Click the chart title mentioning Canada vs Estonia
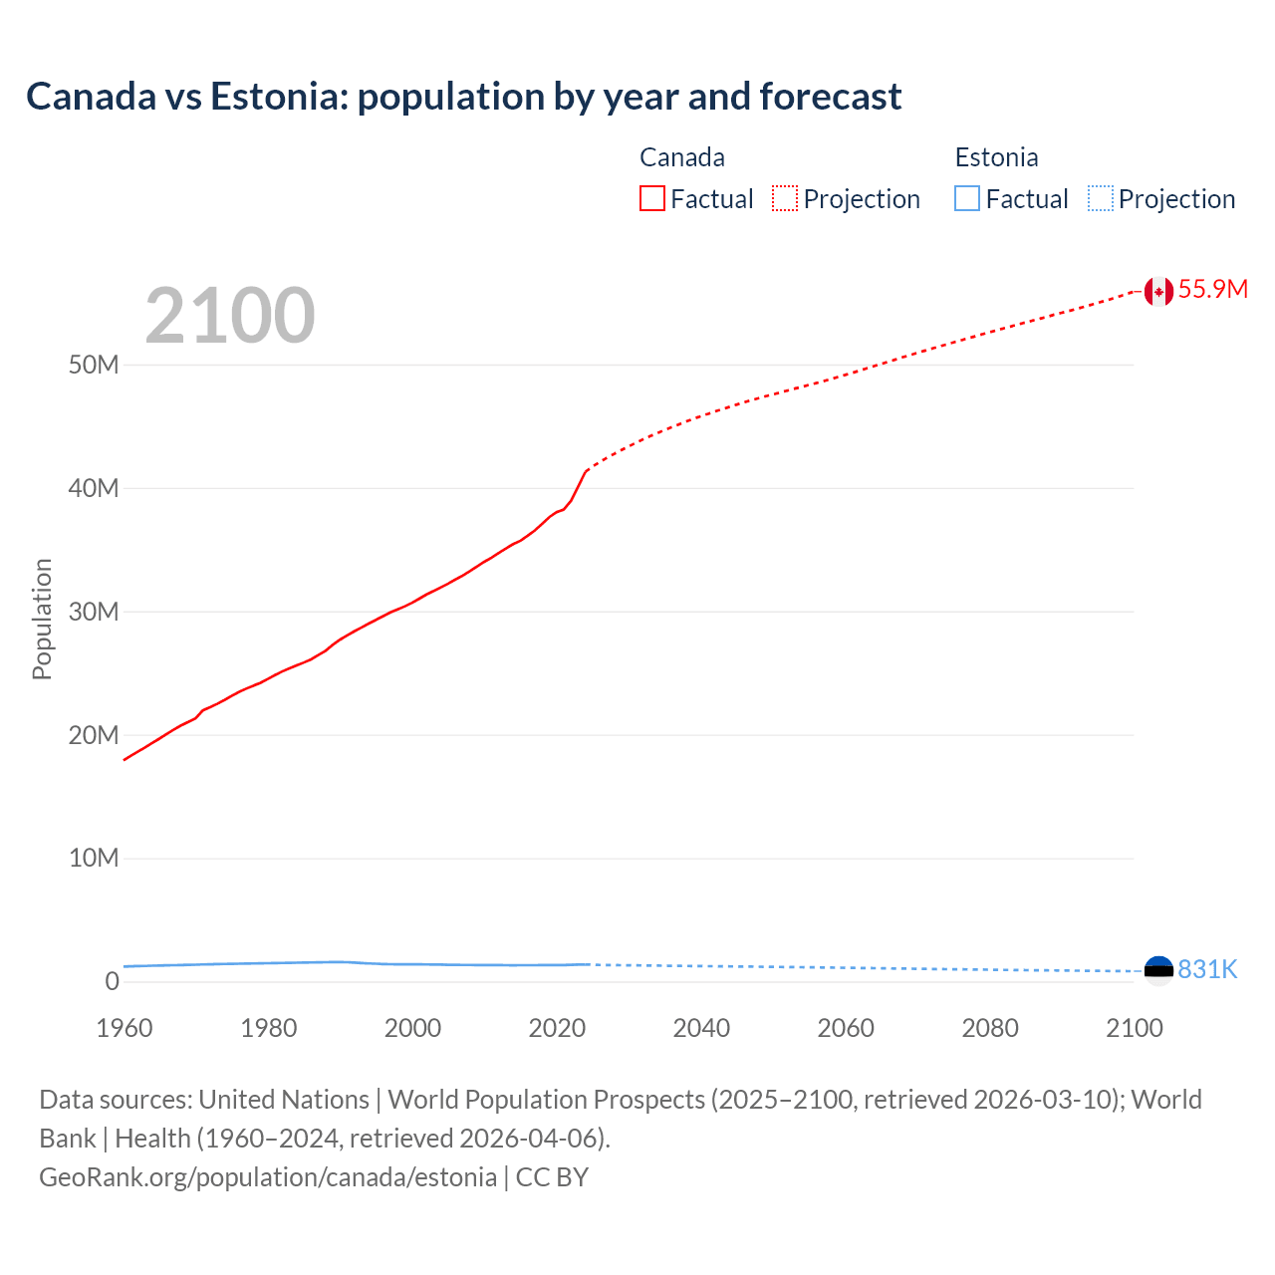pos(463,97)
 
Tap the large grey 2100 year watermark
pos(230,316)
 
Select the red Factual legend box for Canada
pos(652,199)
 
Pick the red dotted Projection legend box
pos(785,199)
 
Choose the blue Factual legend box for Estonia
pos(967,199)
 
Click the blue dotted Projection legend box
pos(1101,199)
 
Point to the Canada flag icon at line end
pos(1158,291)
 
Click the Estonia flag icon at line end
pos(1158,969)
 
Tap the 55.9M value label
pos(1212,290)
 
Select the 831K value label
pos(1207,970)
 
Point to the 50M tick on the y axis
pos(94,366)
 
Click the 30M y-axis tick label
pos(94,612)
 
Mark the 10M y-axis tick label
pos(94,859)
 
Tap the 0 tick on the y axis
pos(112,982)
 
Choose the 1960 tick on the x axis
pos(125,1029)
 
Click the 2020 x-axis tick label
pos(557,1029)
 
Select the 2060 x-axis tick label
pos(846,1029)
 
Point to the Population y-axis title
pos(42,619)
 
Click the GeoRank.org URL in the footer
pos(267,1177)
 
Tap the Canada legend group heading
pos(682,157)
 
